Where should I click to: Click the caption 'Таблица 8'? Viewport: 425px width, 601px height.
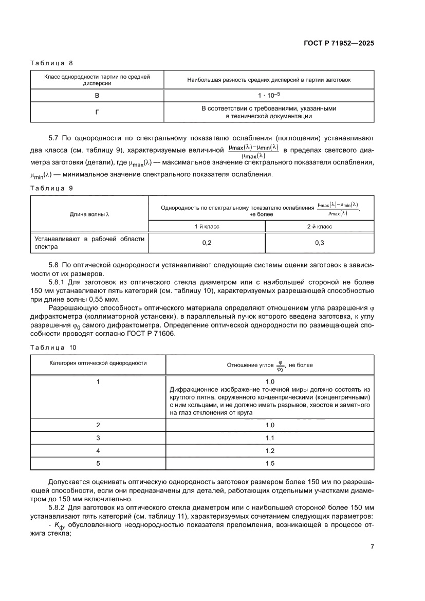click(51, 63)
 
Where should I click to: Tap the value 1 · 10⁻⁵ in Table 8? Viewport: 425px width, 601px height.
click(269, 96)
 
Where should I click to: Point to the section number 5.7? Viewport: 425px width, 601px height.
click(54, 138)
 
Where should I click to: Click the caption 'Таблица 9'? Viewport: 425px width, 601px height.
click(51, 188)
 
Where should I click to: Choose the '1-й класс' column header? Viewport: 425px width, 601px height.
click(207, 226)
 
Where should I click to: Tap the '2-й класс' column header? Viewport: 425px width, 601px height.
click(319, 226)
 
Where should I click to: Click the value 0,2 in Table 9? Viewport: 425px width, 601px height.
click(207, 243)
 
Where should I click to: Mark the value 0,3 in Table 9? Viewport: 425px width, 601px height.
click(319, 243)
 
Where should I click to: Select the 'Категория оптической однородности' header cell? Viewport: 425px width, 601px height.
click(98, 362)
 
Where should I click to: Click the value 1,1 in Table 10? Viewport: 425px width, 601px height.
click(270, 438)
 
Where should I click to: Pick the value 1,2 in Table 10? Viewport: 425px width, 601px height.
click(270, 450)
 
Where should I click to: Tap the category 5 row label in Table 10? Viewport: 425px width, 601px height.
click(98, 463)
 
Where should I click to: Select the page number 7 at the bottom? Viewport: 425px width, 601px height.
click(372, 547)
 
